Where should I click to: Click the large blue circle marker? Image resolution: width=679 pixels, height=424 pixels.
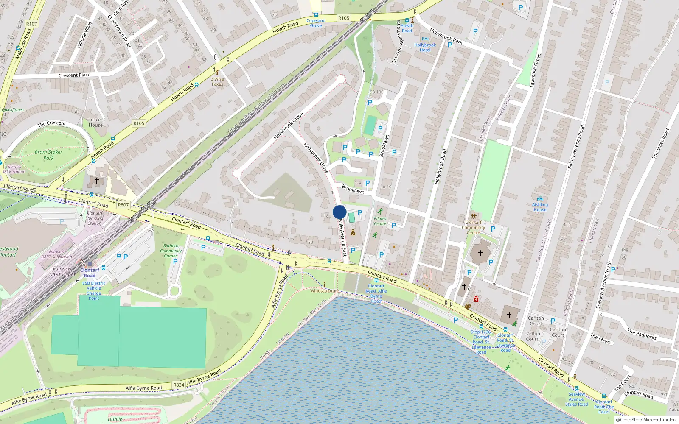[x=339, y=212]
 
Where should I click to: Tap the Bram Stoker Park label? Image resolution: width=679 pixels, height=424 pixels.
[x=48, y=155]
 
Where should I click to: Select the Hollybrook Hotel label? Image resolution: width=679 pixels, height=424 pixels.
[x=425, y=47]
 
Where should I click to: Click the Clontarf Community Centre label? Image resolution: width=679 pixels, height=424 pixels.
[x=473, y=227]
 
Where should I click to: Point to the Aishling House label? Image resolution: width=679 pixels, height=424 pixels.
[x=540, y=207]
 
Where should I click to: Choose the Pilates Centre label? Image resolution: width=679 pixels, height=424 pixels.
[x=380, y=221]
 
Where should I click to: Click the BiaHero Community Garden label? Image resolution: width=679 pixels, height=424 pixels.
[x=171, y=251]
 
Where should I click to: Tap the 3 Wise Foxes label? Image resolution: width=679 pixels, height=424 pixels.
[x=217, y=81]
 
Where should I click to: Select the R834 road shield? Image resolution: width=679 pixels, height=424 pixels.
[x=179, y=385]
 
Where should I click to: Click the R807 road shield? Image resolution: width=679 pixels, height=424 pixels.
[x=123, y=205]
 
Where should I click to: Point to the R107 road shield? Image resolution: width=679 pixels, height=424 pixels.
[x=31, y=24]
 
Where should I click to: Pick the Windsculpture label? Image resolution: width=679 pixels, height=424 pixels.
[x=325, y=291]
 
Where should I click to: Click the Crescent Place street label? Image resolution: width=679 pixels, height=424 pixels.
[x=74, y=75]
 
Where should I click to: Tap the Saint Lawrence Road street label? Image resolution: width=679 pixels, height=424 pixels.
[x=576, y=146]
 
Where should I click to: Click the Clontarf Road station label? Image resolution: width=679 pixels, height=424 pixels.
[x=90, y=273]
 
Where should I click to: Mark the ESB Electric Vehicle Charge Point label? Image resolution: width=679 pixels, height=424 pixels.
[x=94, y=290]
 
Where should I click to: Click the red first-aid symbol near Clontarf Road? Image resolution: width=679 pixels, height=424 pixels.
[x=476, y=299]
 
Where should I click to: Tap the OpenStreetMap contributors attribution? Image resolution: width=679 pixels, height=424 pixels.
[x=646, y=420]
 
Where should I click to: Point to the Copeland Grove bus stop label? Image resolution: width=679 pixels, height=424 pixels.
[x=316, y=23]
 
